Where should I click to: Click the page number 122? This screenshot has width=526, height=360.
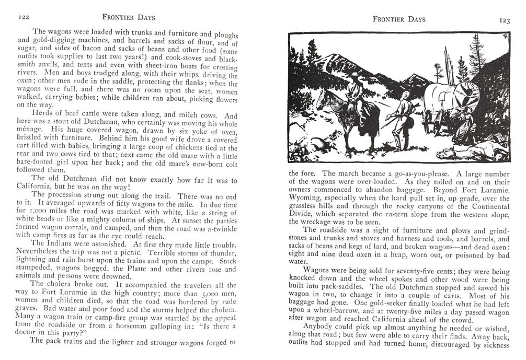(23, 17)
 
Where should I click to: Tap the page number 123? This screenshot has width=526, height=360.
(504, 20)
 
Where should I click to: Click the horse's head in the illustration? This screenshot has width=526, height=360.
(323, 98)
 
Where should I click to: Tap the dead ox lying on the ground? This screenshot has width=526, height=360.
(471, 153)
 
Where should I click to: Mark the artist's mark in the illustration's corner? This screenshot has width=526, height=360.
(504, 37)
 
